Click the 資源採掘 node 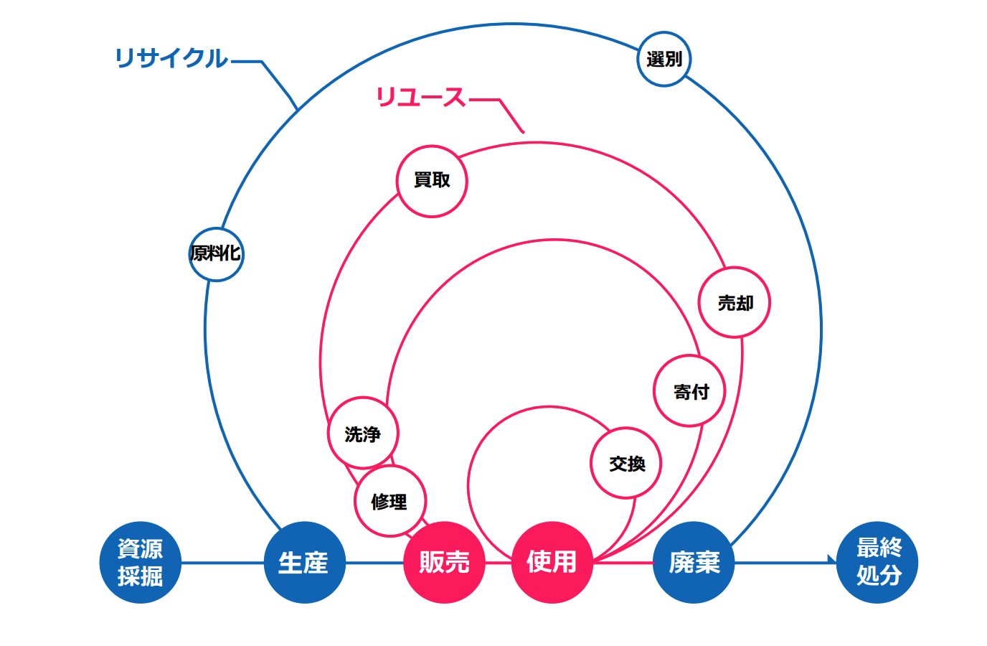pyautogui.click(x=140, y=562)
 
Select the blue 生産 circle pyautogui.click(x=304, y=562)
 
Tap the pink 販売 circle pyautogui.click(x=444, y=562)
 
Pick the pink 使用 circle pyautogui.click(x=552, y=562)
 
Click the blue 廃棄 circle pyautogui.click(x=694, y=562)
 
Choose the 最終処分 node pyautogui.click(x=877, y=562)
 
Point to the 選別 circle pyautogui.click(x=663, y=59)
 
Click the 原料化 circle pyautogui.click(x=216, y=253)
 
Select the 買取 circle pyautogui.click(x=432, y=181)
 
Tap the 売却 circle pyautogui.click(x=735, y=303)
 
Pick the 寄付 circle pyautogui.click(x=690, y=391)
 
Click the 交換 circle pyautogui.click(x=626, y=464)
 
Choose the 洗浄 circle pyautogui.click(x=363, y=434)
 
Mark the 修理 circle pyautogui.click(x=389, y=501)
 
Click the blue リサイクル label pyautogui.click(x=171, y=58)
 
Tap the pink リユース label pyautogui.click(x=421, y=97)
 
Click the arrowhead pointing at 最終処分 pyautogui.click(x=832, y=560)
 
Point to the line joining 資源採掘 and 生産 pyautogui.click(x=222, y=563)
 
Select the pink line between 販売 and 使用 pyautogui.click(x=498, y=563)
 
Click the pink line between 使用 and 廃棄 pyautogui.click(x=623, y=563)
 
